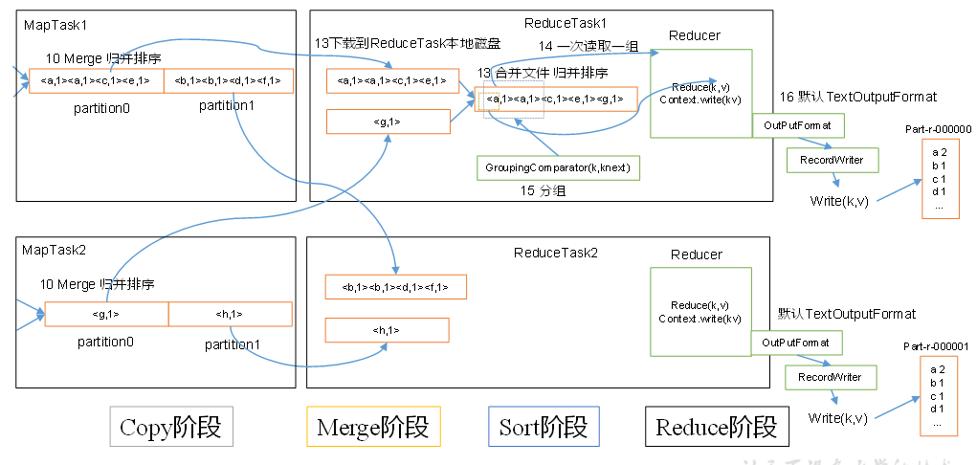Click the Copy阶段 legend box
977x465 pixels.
click(171, 427)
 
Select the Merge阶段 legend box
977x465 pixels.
click(372, 427)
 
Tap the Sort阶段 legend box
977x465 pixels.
click(544, 427)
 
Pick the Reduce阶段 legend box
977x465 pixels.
click(717, 427)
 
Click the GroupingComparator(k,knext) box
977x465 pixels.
click(559, 167)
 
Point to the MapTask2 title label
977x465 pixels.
click(55, 250)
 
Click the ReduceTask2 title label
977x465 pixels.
click(555, 253)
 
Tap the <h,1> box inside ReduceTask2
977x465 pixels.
click(388, 330)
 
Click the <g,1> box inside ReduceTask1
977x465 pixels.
click(388, 122)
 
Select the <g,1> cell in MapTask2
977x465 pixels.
click(106, 314)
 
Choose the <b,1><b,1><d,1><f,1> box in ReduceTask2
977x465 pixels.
click(395, 287)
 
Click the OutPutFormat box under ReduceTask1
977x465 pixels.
click(790, 125)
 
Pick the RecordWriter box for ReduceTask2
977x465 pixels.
click(830, 377)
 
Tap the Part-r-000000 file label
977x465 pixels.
click(938, 128)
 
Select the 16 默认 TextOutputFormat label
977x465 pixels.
click(857, 97)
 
